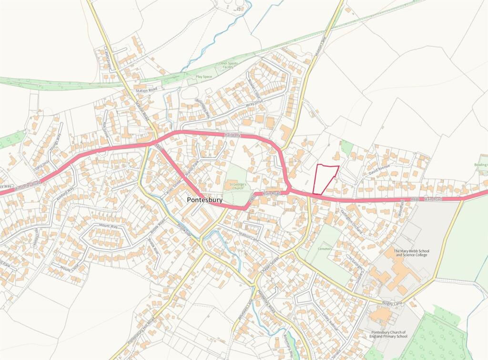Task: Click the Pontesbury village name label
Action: point(204,200)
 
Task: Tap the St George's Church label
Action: point(234,185)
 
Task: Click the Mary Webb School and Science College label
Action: point(410,252)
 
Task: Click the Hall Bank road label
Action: point(234,136)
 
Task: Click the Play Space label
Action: point(203,76)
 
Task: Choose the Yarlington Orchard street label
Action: point(352,222)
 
